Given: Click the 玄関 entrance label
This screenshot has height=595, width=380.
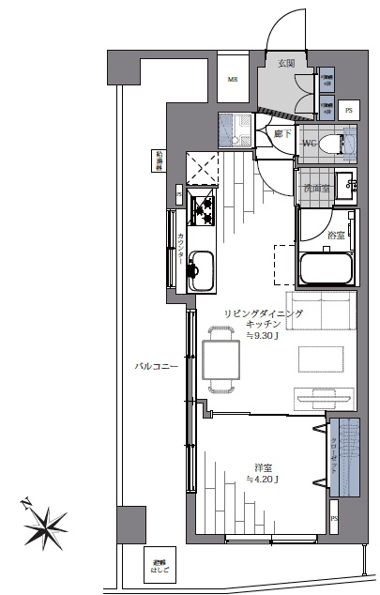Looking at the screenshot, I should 287,63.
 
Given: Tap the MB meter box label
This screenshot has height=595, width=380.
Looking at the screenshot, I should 233,80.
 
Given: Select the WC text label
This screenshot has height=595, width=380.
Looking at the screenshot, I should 310,143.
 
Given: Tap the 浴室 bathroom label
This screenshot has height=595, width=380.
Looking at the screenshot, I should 336,234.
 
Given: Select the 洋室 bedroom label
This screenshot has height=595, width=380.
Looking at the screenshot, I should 263,466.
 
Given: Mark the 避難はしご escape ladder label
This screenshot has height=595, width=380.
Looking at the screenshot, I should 160,566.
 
